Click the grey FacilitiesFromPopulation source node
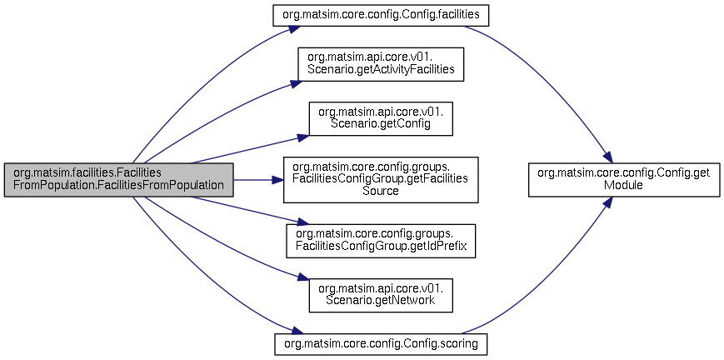tap(118, 180)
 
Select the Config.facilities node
tap(381, 15)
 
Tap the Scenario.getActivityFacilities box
tap(381, 64)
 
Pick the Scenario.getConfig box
tap(381, 119)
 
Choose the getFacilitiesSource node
tap(381, 180)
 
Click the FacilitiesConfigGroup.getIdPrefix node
tap(381, 241)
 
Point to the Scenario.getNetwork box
tap(381, 295)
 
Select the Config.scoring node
tap(381, 344)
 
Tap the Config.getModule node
tap(624, 180)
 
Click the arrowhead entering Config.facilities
tap(296, 27)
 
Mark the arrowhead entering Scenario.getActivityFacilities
tap(296, 83)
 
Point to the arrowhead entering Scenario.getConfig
tap(303, 137)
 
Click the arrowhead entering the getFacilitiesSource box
tap(277, 180)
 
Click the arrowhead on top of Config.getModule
tap(607, 157)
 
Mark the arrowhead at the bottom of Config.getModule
tap(607, 202)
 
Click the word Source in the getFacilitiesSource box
tap(381, 192)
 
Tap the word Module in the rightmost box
tap(624, 186)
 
